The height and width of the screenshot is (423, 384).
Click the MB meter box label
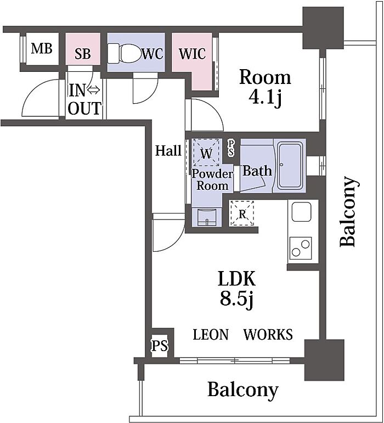pos(42,49)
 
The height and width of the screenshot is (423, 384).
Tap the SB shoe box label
pos(82,54)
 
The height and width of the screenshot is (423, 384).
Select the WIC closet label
pos(192,54)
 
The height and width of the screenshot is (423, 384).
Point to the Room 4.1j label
pos(266,87)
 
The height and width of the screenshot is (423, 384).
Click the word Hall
pos(168,150)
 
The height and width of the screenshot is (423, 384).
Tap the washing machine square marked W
pos(206,153)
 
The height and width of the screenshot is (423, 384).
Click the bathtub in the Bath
pos(290,166)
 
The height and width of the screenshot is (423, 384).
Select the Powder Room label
pos(212,179)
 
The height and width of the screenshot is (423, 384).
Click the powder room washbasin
pos(207,217)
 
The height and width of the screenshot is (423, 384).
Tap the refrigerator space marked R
pos(242,213)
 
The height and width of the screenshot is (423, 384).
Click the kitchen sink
pos(302,212)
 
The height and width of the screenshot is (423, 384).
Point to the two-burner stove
pos(301,248)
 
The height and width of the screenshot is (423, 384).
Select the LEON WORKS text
pos(242,335)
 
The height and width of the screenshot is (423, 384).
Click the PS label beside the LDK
pos(160,346)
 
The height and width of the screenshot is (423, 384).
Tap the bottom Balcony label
pos(242,390)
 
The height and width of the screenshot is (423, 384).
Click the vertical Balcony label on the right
pos(349,212)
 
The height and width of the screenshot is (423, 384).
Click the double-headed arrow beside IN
pos(94,91)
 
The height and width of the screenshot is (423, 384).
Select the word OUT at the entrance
pos(84,108)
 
